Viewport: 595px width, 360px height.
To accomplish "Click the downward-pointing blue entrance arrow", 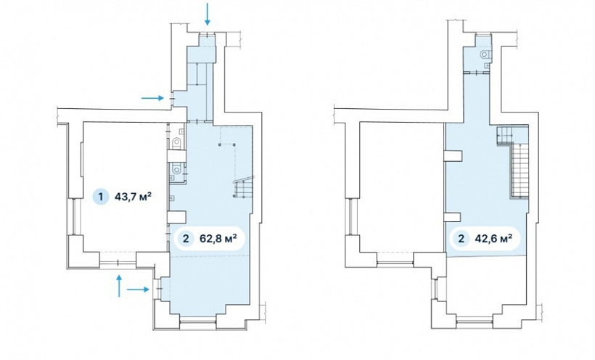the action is tap(208, 14).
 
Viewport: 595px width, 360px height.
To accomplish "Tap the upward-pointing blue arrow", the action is tap(119, 285).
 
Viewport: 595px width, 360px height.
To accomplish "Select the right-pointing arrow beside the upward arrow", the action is tap(138, 290).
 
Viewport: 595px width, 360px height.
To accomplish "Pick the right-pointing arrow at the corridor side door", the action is tap(152, 98).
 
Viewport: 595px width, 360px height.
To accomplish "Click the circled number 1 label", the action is tap(101, 197).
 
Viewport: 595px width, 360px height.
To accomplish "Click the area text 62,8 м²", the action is tap(218, 239).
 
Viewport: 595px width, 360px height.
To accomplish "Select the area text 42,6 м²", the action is tap(493, 239).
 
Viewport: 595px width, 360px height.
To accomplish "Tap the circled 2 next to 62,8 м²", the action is tap(186, 239).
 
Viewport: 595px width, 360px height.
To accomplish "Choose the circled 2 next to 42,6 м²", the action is tap(461, 239).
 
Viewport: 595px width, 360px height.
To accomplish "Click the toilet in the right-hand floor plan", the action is tap(485, 54).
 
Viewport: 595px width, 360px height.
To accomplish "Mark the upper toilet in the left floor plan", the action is tap(177, 143).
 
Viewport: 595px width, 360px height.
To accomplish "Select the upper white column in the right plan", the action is tap(453, 156).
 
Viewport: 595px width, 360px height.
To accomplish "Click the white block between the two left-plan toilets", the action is tap(176, 156).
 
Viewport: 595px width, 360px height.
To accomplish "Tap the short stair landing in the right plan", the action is tap(505, 135).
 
